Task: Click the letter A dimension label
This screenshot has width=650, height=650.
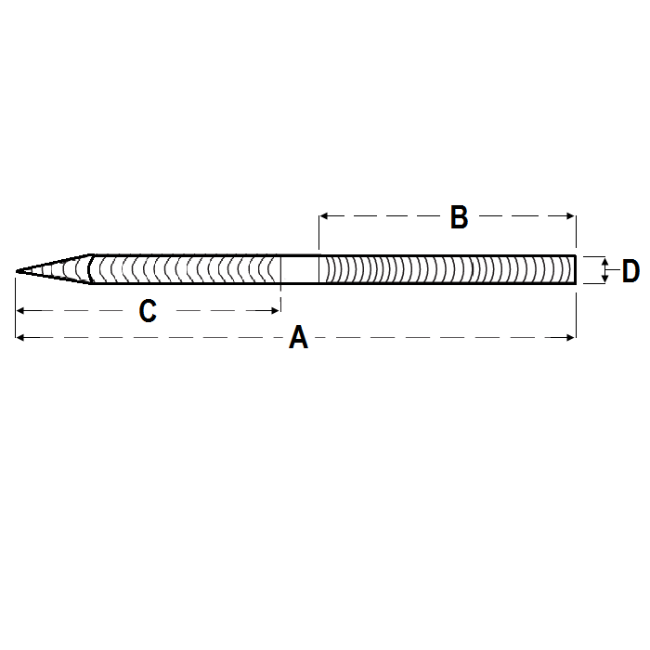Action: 298,338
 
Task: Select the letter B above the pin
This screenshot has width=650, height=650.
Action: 459,217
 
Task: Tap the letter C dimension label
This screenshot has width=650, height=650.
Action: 148,312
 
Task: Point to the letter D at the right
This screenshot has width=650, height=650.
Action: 630,272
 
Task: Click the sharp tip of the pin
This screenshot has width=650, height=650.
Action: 18,271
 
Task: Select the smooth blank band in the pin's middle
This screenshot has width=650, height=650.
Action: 300,270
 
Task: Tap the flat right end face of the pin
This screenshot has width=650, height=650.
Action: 575,270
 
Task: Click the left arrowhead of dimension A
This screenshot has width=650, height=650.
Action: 20,338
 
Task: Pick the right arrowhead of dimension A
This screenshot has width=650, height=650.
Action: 572,338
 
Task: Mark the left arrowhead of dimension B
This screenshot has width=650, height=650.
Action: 323,216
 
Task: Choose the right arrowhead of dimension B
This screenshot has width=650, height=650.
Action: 572,216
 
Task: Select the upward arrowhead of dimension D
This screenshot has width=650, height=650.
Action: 605,261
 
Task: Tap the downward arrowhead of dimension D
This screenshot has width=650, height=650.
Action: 605,279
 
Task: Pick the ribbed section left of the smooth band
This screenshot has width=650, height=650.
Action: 186,270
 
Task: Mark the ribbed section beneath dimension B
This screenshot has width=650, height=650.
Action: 446,270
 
